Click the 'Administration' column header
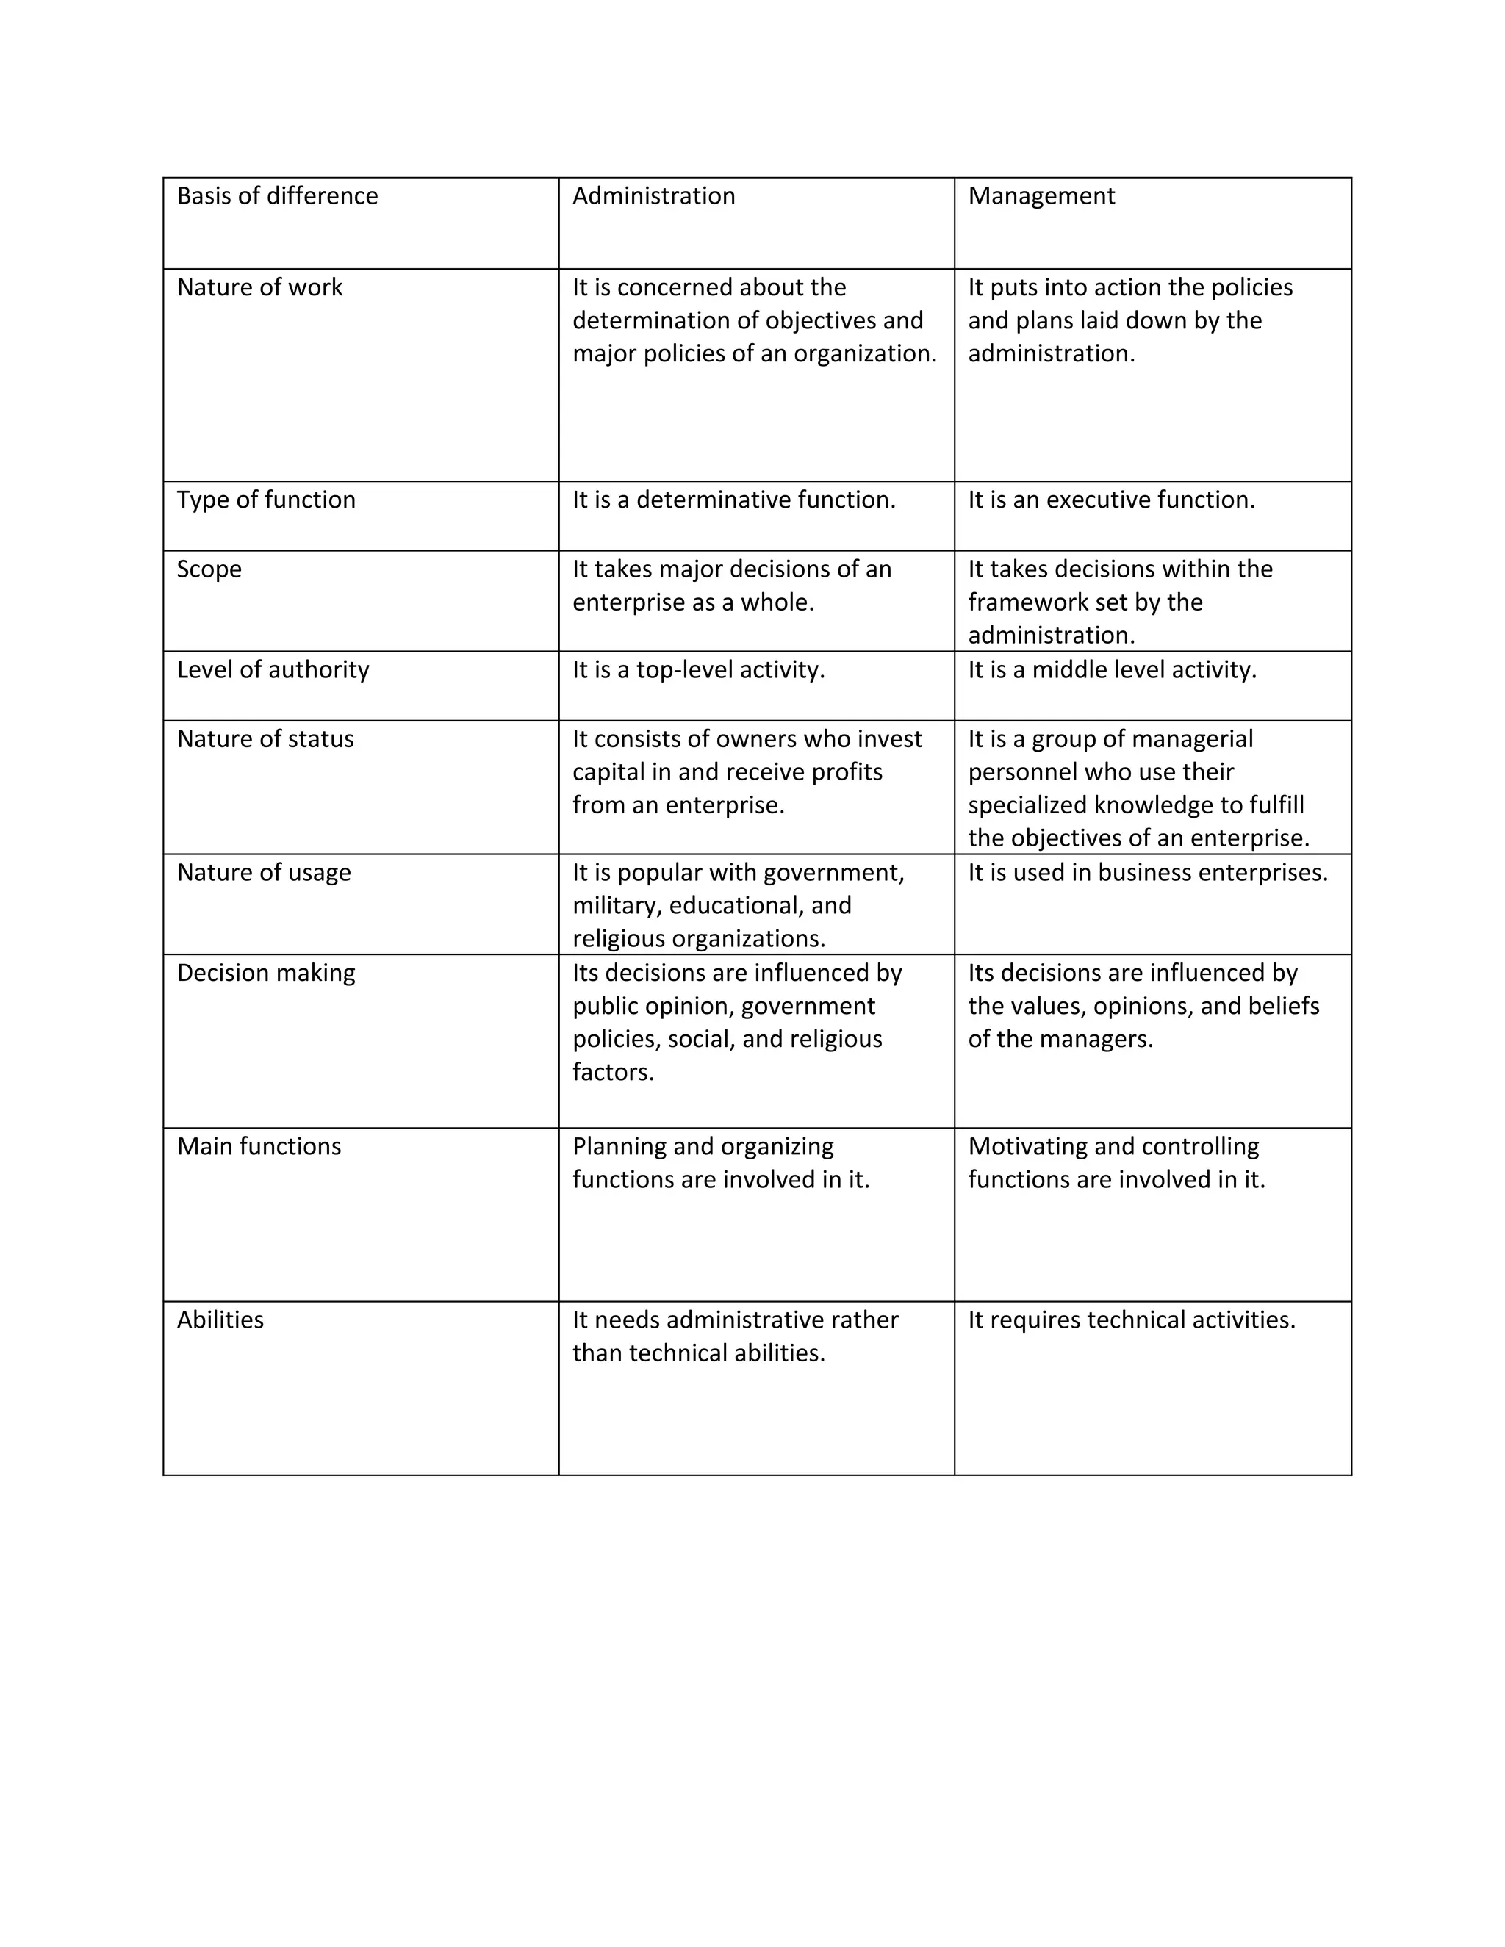653,196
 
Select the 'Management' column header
1041,196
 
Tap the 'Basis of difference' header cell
277,196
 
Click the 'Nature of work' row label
259,287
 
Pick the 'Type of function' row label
266,499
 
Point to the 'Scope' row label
209,569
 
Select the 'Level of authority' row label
273,669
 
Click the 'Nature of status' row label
265,739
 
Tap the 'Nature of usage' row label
264,872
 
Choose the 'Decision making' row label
266,973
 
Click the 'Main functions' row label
259,1146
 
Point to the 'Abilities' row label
220,1320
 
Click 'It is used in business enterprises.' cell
1147,872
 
